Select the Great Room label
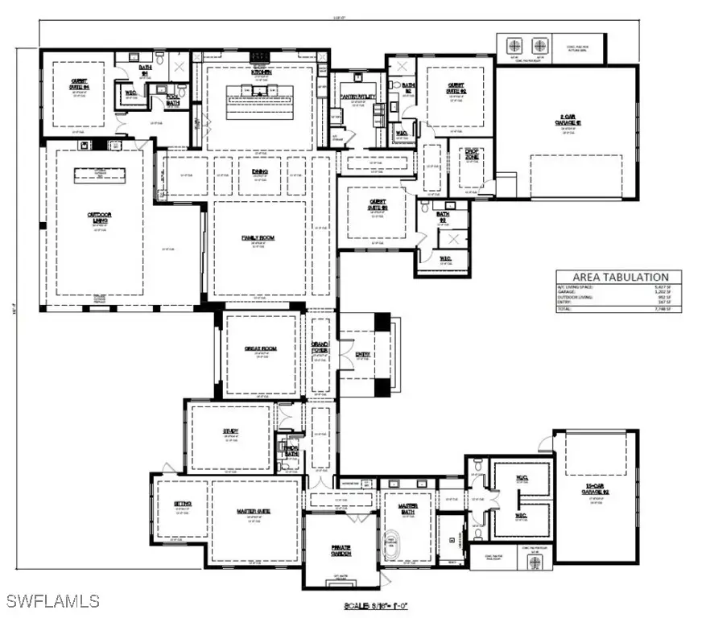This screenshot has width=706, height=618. [x=260, y=348]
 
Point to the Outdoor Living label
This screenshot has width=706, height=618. [x=99, y=215]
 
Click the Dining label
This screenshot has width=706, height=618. [x=258, y=171]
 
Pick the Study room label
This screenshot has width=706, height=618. [x=231, y=431]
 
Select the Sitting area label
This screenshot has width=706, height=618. [x=182, y=504]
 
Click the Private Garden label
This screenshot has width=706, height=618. [x=341, y=549]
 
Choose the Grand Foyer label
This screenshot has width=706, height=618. [x=320, y=347]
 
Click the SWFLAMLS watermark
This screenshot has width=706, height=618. [x=52, y=600]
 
